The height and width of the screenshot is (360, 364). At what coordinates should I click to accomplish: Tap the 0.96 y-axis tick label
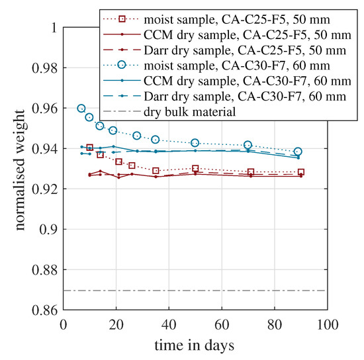point(44,108)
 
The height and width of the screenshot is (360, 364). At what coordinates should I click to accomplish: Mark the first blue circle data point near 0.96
point(81,108)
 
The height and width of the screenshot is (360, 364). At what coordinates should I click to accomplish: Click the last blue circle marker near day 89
point(298,152)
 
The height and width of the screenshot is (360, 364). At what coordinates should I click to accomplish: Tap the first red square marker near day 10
point(90,148)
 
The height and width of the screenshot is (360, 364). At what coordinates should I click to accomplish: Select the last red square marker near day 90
point(301,172)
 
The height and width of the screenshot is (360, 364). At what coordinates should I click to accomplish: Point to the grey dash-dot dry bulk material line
point(199,290)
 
